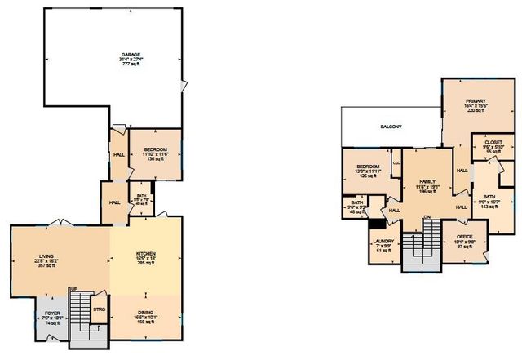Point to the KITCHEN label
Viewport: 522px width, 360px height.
145,255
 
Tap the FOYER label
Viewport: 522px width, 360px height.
52,313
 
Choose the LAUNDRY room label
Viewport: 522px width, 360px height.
383,241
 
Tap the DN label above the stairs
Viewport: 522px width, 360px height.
427,216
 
